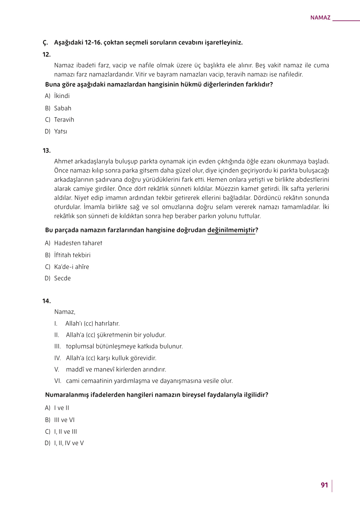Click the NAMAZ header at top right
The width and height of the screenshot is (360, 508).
pyautogui.click(x=320, y=18)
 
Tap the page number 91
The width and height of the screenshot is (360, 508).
pyautogui.click(x=324, y=485)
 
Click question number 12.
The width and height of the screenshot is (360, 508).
pyautogui.click(x=47, y=55)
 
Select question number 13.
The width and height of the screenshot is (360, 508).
pyautogui.click(x=47, y=151)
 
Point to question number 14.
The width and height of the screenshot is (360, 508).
pyautogui.click(x=47, y=301)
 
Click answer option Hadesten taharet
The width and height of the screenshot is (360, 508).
pyautogui.click(x=78, y=243)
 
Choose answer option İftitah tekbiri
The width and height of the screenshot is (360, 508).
pyautogui.click(x=72, y=255)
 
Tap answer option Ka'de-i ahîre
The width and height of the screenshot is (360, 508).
pyautogui.click(x=71, y=267)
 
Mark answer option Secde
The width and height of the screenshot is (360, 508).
pyautogui.click(x=62, y=278)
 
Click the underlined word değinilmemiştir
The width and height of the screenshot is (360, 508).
pyautogui.click(x=231, y=230)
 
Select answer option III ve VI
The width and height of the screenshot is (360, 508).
pyautogui.click(x=64, y=420)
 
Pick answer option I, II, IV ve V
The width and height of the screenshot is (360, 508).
pyautogui.click(x=69, y=443)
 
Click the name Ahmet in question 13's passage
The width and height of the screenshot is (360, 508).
pyautogui.click(x=63, y=162)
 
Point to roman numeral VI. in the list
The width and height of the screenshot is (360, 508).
pyautogui.click(x=58, y=381)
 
